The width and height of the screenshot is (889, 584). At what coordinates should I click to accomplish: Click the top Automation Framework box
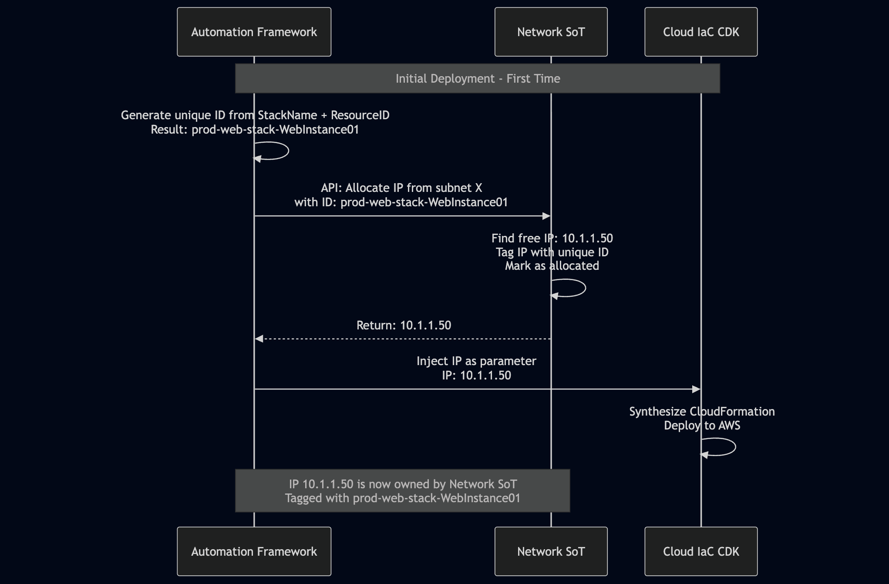(254, 32)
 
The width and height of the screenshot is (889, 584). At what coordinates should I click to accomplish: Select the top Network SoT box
(551, 32)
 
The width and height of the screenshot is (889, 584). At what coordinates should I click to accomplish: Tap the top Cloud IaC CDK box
(701, 32)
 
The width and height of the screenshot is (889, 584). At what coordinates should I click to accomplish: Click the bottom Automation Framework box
(254, 551)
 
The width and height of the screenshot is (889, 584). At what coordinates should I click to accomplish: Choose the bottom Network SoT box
(551, 551)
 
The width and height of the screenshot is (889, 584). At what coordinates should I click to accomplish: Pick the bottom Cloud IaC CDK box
(701, 551)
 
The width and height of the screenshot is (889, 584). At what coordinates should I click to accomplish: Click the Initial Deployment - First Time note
(478, 78)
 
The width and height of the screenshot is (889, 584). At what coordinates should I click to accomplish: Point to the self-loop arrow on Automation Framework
(287, 151)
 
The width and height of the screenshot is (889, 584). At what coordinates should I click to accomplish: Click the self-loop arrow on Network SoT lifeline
(585, 288)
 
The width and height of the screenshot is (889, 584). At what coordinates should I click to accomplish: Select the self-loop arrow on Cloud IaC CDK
(734, 447)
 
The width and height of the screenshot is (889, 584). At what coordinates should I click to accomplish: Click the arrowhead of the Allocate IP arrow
(546, 216)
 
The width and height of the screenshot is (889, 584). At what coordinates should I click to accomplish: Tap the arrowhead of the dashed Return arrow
(259, 339)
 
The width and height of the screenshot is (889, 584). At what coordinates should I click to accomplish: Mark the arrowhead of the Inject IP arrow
(696, 389)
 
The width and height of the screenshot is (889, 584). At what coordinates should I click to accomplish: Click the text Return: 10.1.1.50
(404, 325)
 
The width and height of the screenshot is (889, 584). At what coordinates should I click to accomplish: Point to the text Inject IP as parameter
(476, 361)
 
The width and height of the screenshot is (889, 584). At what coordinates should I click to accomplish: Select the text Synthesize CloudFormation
(702, 411)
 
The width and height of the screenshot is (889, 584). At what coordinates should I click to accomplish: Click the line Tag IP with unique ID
(552, 252)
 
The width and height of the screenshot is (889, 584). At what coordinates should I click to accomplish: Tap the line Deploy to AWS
(702, 425)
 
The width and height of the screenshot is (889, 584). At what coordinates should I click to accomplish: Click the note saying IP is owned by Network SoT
(402, 490)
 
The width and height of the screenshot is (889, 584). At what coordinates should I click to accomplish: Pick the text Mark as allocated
(552, 265)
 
